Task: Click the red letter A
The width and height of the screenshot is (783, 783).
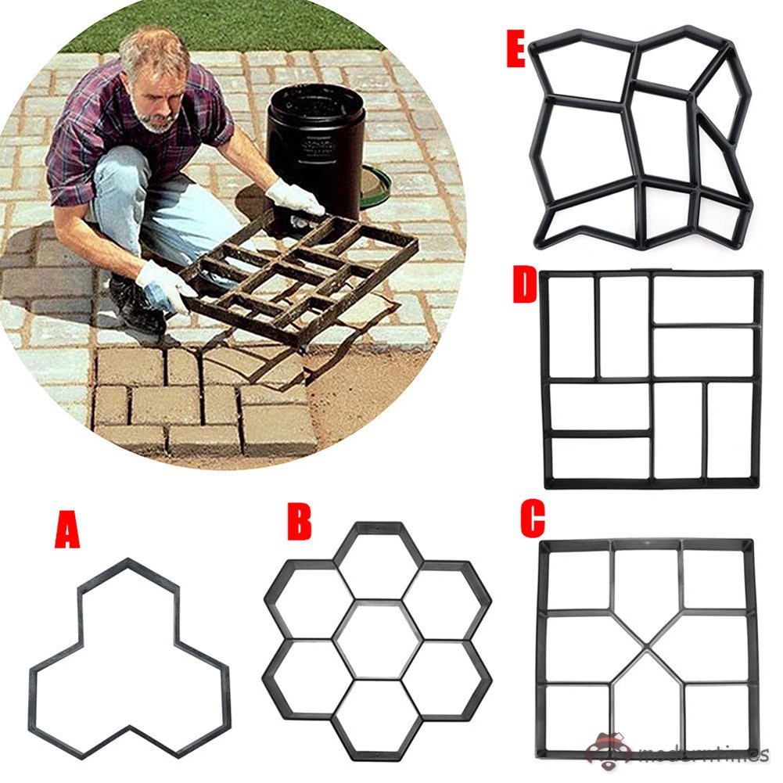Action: tap(67, 530)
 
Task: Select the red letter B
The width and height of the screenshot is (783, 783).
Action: tap(299, 523)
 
